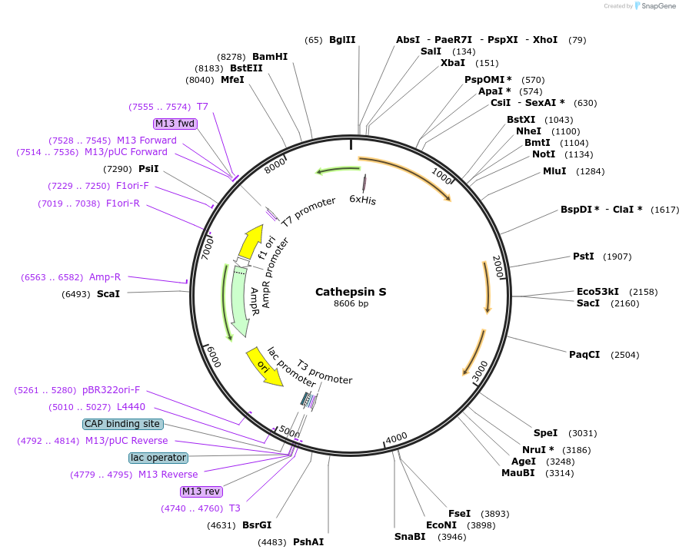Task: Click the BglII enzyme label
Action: (342, 40)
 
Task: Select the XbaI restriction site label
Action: (453, 63)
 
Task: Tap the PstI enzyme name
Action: (584, 256)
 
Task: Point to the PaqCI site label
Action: (584, 355)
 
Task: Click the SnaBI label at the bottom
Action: (410, 537)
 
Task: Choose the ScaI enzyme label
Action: (108, 294)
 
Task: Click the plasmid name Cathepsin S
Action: (351, 292)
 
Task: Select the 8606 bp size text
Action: (351, 304)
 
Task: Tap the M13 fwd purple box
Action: (175, 124)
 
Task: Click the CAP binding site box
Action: (123, 424)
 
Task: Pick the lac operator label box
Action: (158, 458)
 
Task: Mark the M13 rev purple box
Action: (201, 491)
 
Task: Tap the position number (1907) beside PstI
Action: (617, 256)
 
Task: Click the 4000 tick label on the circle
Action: (396, 438)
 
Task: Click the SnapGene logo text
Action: (655, 6)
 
